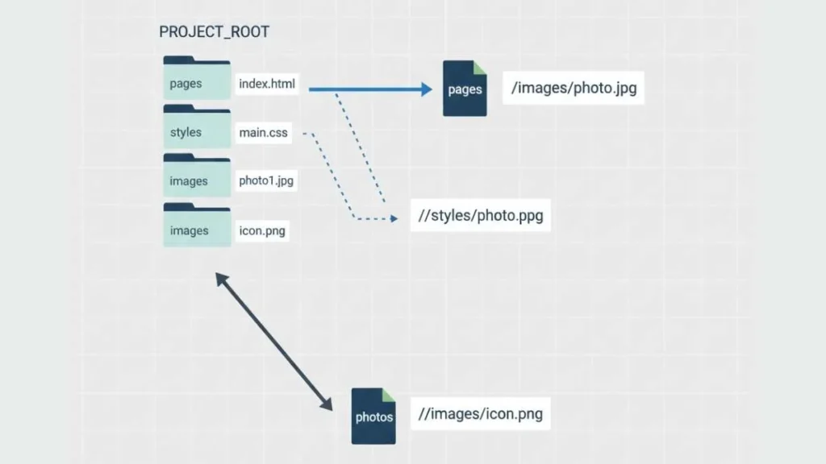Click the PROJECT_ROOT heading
pos(214,32)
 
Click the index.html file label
pos(267,84)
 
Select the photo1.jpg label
pos(266,181)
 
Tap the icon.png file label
pos(262,231)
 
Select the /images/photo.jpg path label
pos(574,88)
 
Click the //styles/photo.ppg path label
pos(481,216)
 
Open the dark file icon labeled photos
pos(374,416)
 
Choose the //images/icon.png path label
pos(481,414)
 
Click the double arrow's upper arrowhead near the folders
pos(219,276)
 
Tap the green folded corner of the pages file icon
pos(480,67)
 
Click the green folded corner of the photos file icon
pos(389,394)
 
